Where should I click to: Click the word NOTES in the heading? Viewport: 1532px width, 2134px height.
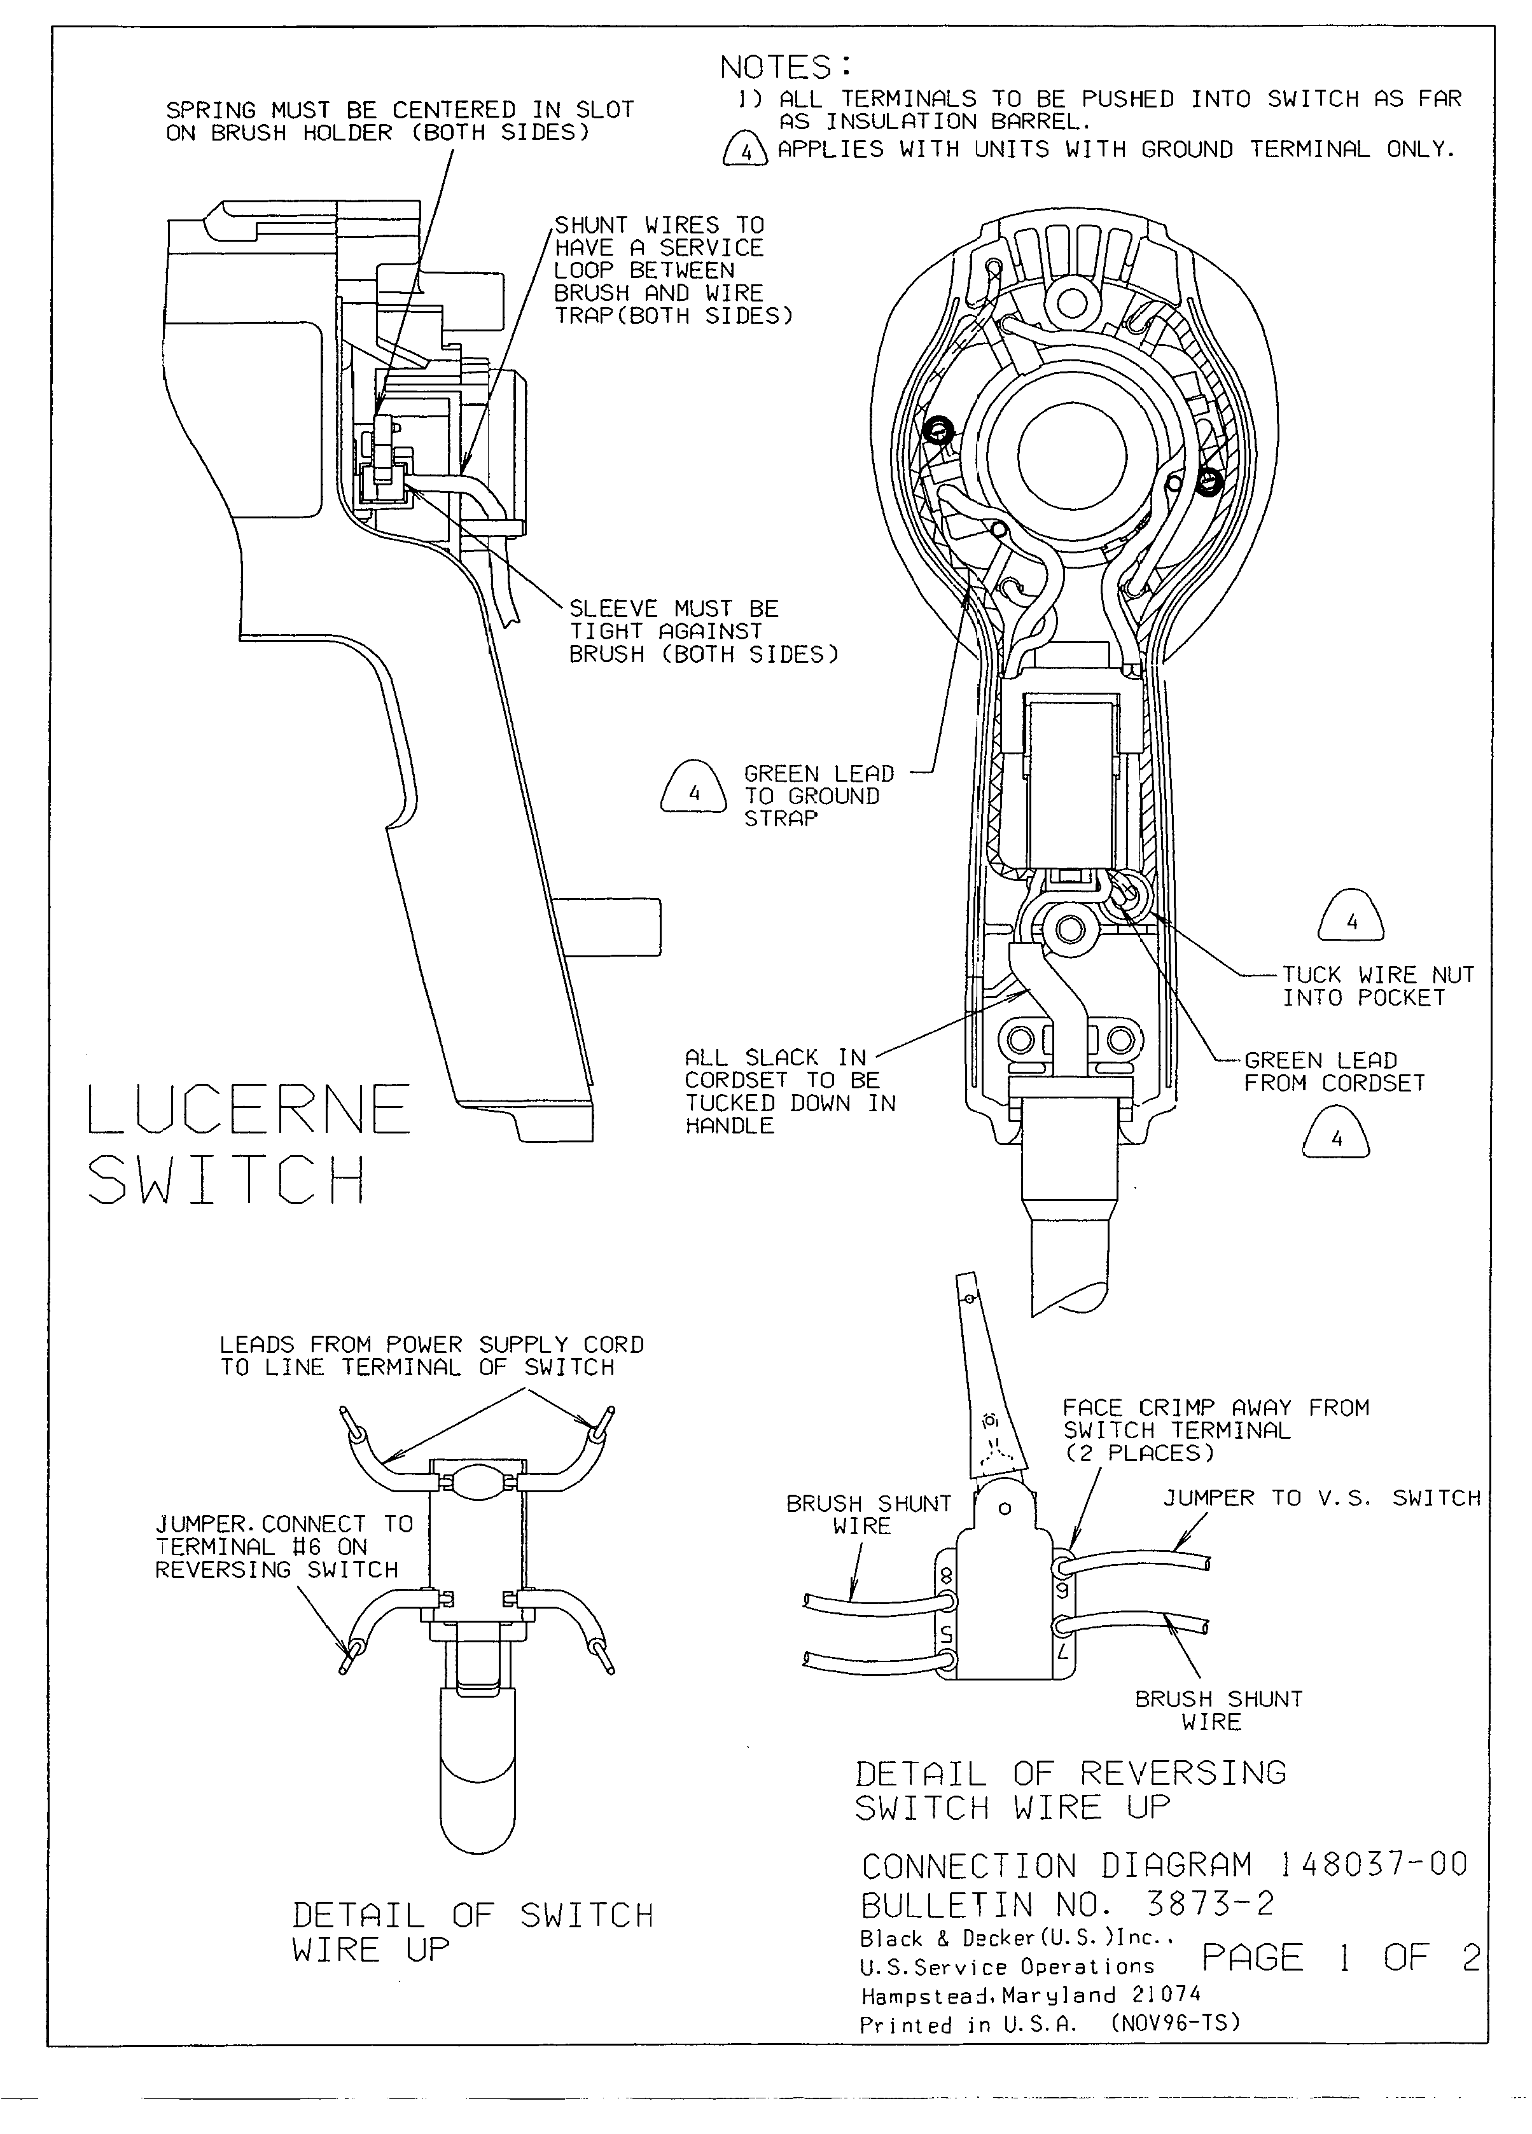click(x=776, y=68)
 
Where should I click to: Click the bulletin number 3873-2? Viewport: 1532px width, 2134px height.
click(x=1209, y=1904)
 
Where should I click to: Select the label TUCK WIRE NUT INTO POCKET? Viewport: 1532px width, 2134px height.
click(x=1377, y=986)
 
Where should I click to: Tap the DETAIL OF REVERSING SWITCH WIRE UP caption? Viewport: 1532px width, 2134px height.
click(x=1070, y=1790)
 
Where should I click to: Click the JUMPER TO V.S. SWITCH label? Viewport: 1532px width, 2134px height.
click(x=1321, y=1498)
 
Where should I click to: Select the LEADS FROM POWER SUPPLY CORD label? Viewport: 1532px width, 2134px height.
click(x=432, y=1356)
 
